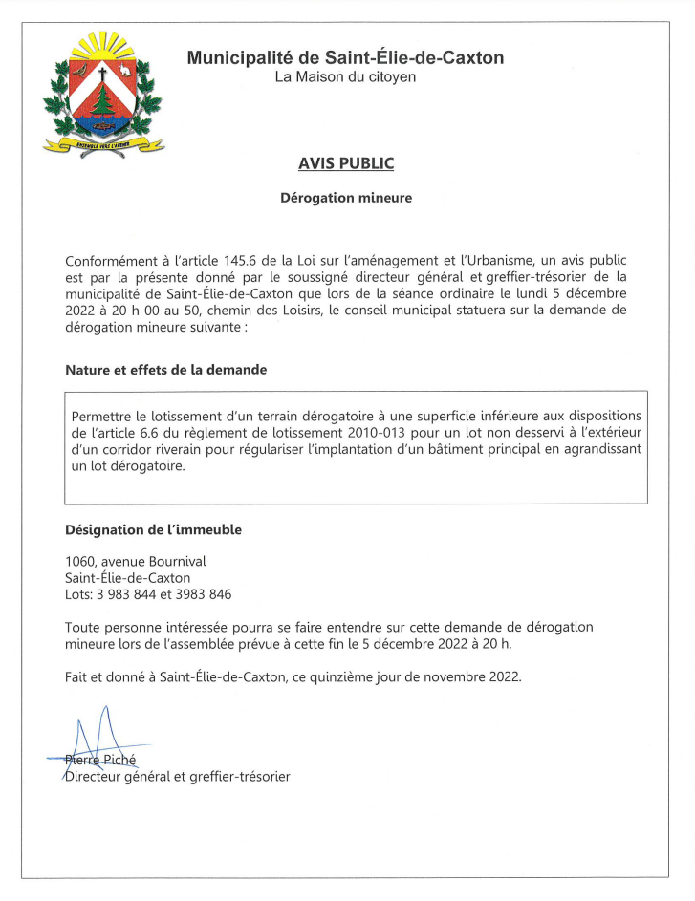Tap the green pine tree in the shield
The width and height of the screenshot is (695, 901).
tap(103, 101)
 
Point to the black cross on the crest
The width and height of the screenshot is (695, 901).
tap(102, 73)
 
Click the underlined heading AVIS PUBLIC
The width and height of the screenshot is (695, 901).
tap(346, 163)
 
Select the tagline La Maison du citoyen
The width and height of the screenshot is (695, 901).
tap(345, 76)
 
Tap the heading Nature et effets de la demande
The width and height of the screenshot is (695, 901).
tap(165, 370)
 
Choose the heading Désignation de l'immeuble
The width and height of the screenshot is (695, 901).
tap(153, 529)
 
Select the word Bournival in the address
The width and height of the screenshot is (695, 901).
tap(177, 561)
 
